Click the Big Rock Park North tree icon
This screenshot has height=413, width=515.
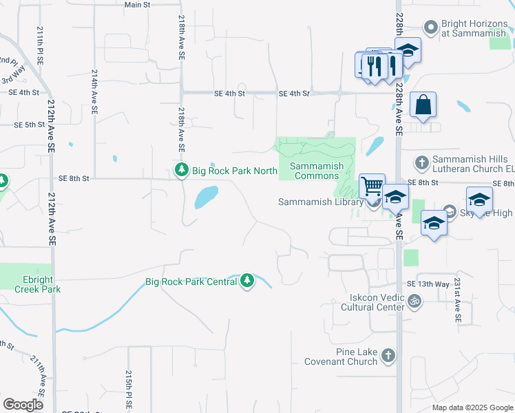click(x=182, y=170)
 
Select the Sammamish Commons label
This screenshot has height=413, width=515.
click(x=317, y=171)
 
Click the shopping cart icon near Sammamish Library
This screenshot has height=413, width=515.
click(x=372, y=185)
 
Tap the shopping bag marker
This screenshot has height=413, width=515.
click(x=423, y=105)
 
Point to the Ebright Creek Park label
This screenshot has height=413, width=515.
click(x=38, y=284)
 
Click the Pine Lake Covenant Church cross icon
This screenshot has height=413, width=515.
click(x=388, y=356)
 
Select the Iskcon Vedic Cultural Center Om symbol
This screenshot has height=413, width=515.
click(x=414, y=301)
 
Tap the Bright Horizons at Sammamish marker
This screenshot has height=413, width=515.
click(x=432, y=28)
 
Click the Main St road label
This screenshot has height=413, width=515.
click(x=137, y=5)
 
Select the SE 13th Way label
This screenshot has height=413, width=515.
click(x=428, y=284)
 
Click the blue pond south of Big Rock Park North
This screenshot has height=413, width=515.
click(x=206, y=197)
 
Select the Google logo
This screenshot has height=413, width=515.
click(x=23, y=404)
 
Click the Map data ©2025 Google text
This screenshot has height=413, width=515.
click(x=472, y=407)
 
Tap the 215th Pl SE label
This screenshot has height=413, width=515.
click(x=128, y=389)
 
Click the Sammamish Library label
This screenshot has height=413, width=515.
click(x=320, y=202)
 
